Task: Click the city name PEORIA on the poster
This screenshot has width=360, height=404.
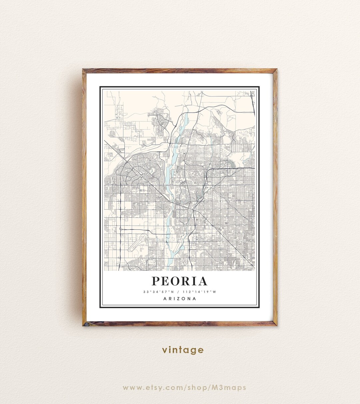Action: coord(180,281)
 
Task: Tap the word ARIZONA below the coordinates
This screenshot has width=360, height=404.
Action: coord(180,299)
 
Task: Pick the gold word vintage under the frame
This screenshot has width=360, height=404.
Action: coord(183,350)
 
